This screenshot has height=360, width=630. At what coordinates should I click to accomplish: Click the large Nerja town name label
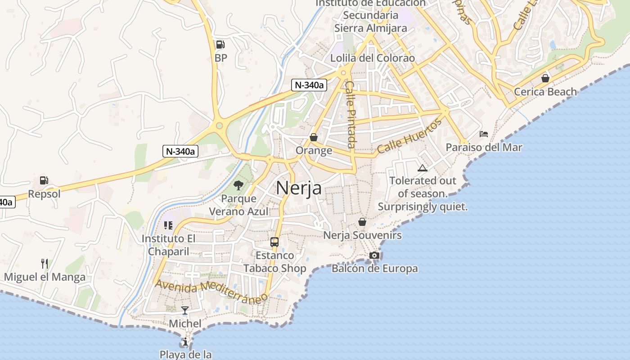[298, 188]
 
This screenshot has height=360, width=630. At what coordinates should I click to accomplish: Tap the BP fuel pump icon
[220, 44]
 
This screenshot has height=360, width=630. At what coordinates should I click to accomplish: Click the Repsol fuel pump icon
[44, 180]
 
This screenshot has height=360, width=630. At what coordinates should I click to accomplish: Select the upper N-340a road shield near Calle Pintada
[309, 85]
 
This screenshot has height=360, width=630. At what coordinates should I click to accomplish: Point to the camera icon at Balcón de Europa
[374, 255]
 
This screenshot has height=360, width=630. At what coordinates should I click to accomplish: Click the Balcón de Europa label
[374, 269]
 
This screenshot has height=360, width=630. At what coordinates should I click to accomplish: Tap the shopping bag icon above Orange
[314, 137]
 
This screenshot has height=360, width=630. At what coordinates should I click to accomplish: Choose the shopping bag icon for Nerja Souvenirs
[362, 222]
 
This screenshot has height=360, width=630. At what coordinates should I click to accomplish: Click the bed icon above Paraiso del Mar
[484, 134]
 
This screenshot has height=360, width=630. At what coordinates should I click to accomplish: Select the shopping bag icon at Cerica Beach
[545, 78]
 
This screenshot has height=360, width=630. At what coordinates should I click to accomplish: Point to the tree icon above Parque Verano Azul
[238, 185]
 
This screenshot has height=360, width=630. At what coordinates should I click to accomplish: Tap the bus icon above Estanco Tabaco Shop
[274, 242]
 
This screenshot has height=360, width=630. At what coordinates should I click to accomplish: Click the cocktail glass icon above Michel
[185, 310]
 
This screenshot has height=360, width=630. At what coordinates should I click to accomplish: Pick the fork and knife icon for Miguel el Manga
[44, 263]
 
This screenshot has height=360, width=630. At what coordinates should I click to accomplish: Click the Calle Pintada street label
[351, 115]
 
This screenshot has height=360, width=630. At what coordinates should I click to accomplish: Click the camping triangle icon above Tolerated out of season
[422, 168]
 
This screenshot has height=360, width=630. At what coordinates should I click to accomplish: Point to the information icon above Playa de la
[185, 342]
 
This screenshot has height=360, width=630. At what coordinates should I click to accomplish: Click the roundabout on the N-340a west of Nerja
[220, 126]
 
